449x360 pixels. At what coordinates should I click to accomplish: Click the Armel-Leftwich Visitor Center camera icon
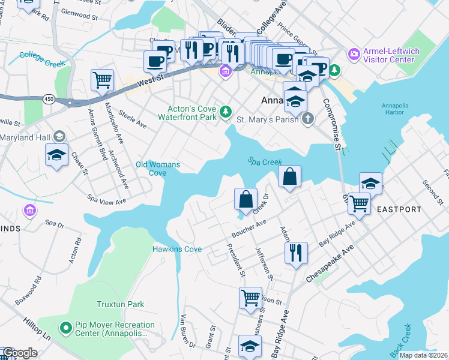(x=354, y=55)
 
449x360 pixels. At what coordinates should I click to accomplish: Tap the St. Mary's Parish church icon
(x=308, y=118)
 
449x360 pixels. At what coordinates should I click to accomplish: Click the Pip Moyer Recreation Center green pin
(x=66, y=328)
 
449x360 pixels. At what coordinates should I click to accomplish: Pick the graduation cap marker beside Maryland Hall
(x=57, y=155)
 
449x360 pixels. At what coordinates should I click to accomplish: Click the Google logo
(x=20, y=353)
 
